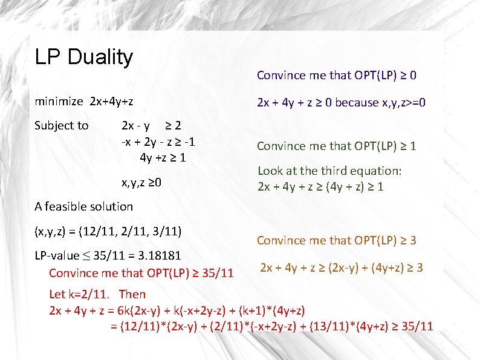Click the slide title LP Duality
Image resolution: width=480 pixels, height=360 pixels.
[83, 57]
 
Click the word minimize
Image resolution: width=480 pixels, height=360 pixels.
[59, 101]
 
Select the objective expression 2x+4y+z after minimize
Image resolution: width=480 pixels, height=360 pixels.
[111, 101]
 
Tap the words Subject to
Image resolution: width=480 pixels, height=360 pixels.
[62, 126]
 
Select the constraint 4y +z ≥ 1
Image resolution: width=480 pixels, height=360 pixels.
[162, 158]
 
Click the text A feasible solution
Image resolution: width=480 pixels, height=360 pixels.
[83, 206]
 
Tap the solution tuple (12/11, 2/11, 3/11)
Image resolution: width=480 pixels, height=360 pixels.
[108, 231]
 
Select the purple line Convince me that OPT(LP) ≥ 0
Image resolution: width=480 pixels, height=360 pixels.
[336, 76]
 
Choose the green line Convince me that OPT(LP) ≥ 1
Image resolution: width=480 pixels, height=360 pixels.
[336, 146]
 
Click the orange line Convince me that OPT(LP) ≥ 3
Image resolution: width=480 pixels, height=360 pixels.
[336, 240]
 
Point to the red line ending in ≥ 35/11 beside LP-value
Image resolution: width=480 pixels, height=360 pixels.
[141, 273]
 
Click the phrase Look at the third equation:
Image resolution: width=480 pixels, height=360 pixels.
[329, 171]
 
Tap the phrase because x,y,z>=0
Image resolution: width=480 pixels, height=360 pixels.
[380, 102]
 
